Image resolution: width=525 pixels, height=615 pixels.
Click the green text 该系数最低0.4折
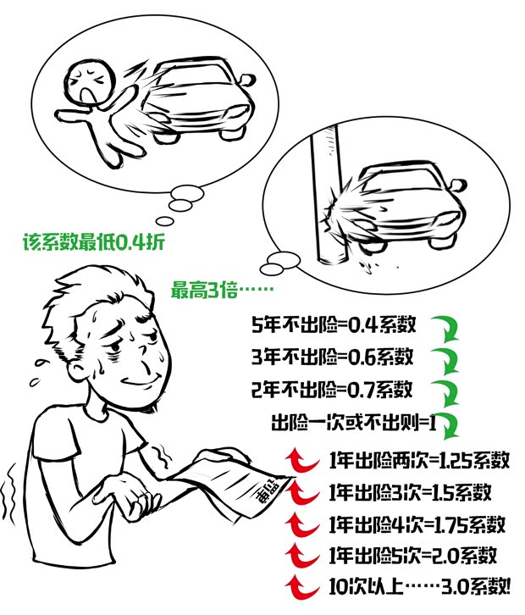pyautogui.click(x=93, y=242)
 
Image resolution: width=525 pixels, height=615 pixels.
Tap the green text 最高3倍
pyautogui.click(x=223, y=289)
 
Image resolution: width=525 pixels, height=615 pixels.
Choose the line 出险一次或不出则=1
pyautogui.click(x=352, y=422)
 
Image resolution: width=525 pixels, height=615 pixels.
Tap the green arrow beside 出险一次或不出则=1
pyautogui.click(x=449, y=424)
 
